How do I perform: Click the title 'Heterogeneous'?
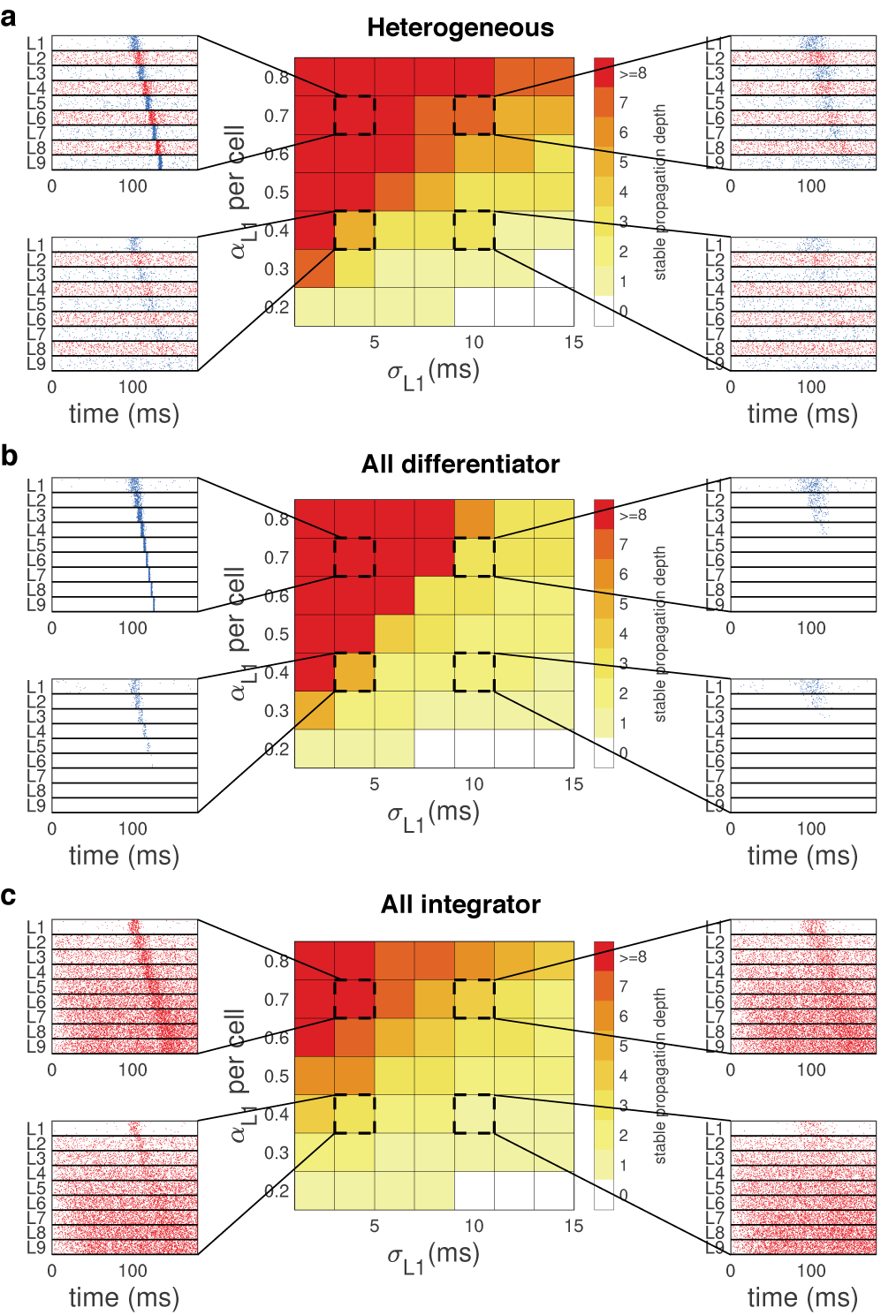pos(460,27)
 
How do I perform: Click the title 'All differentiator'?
pos(460,464)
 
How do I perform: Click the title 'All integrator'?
pos(460,904)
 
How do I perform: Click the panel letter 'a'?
pos(9,17)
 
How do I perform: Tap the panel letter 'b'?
pos(9,456)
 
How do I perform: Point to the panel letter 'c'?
pos(9,896)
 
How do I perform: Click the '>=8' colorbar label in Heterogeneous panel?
pos(633,73)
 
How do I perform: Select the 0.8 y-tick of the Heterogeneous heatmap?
pos(277,78)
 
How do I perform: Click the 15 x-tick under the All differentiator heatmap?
pos(573,783)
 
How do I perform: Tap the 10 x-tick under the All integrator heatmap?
pos(474,1226)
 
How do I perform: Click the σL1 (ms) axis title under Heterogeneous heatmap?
pos(433,373)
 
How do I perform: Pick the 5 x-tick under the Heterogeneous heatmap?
pos(375,342)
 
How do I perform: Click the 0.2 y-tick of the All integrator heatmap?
pos(277,1190)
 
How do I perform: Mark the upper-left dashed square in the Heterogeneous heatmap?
pos(354,115)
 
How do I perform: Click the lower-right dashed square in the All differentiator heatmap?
pos(474,672)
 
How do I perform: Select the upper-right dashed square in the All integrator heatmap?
pos(474,999)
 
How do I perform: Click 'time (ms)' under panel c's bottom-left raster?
pos(124,1297)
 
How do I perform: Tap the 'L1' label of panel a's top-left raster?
pos(35,43)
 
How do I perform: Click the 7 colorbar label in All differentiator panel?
pos(623,544)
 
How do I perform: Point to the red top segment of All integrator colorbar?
pos(604,956)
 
